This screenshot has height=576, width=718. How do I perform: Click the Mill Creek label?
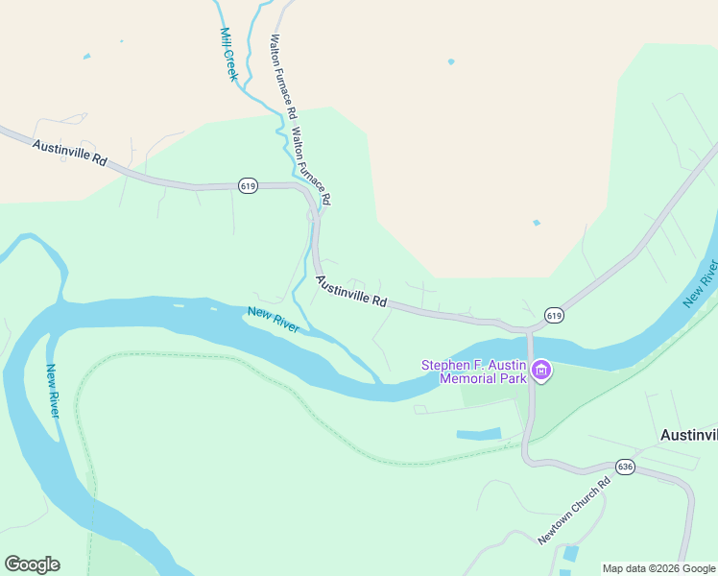click(228, 54)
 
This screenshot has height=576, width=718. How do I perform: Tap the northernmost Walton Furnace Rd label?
click(280, 77)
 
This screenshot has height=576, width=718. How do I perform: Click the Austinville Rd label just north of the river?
click(351, 291)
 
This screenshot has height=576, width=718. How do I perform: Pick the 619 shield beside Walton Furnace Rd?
click(248, 186)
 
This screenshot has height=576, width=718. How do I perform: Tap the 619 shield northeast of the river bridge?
click(554, 315)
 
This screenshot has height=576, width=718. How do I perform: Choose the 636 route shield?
click(626, 467)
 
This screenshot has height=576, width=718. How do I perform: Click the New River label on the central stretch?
click(273, 320)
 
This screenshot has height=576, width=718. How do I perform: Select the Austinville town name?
click(688, 435)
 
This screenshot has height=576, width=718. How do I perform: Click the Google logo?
click(32, 564)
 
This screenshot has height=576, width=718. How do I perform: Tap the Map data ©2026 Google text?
click(658, 568)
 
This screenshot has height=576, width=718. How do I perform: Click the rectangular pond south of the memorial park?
click(478, 434)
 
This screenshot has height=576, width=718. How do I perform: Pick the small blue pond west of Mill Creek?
click(86, 57)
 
